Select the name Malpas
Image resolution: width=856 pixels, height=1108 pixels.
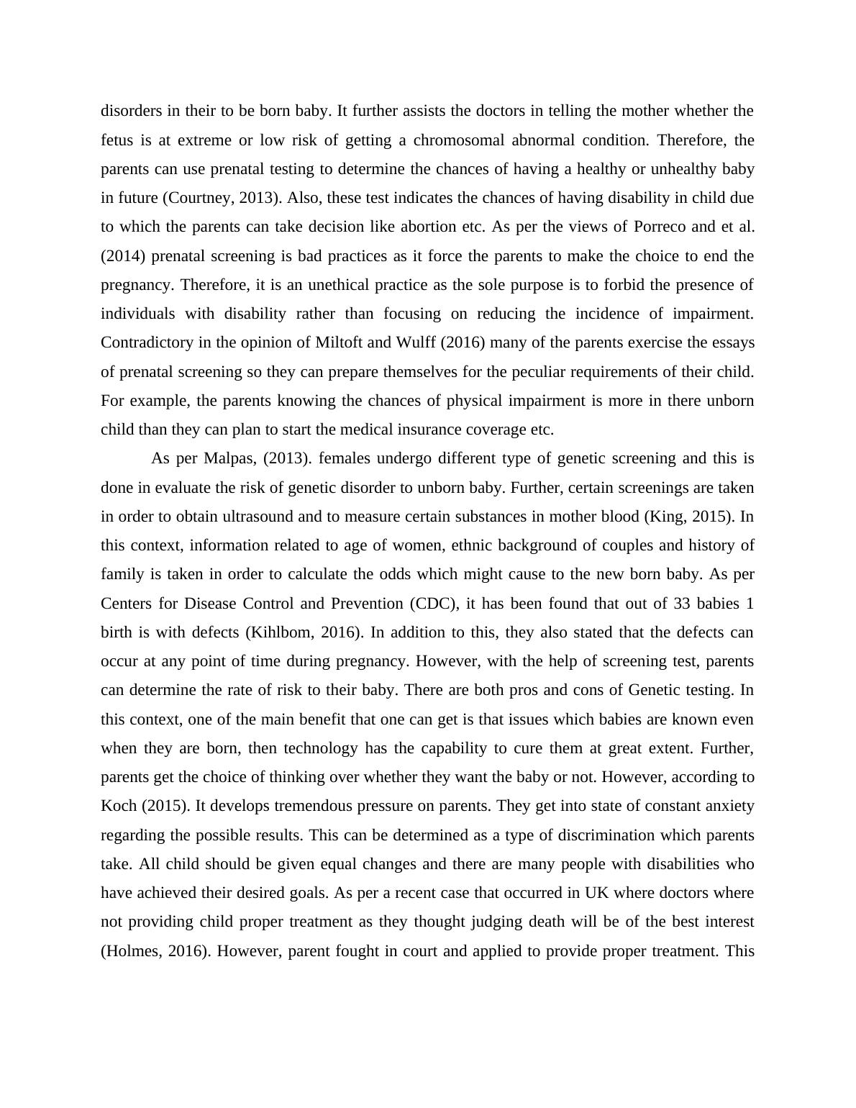coord(228,458)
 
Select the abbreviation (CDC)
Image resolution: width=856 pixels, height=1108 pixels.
coord(433,603)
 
